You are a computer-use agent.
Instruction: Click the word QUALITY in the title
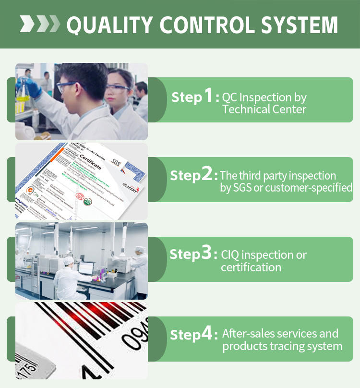(112, 25)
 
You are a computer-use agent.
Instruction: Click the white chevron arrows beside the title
(40, 24)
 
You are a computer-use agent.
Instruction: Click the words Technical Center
(264, 109)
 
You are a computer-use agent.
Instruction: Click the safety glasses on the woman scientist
(117, 87)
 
